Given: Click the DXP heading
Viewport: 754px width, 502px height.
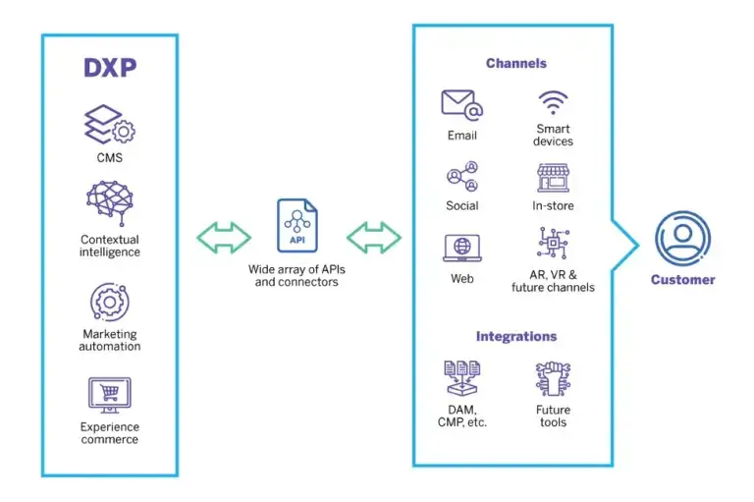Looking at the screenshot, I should click(109, 68).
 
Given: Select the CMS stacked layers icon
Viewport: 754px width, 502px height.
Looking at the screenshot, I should click(109, 126).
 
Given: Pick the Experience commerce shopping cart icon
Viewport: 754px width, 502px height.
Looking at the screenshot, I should click(109, 394).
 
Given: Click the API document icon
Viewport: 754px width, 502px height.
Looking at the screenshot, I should click(296, 225).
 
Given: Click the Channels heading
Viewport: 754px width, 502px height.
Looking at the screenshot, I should click(515, 64).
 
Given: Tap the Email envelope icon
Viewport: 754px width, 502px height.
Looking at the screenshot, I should click(461, 104).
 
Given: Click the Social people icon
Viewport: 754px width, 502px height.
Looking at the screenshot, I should click(461, 177).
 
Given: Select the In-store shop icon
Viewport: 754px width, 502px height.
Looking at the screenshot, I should click(554, 178).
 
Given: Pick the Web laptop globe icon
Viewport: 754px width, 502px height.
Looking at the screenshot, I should click(461, 248).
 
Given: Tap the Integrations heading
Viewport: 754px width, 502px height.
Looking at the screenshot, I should click(515, 336).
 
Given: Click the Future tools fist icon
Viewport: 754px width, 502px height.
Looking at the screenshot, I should click(554, 379).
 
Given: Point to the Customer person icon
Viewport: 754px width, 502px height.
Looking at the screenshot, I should click(682, 238).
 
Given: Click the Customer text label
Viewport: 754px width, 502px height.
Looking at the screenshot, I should click(682, 280).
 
